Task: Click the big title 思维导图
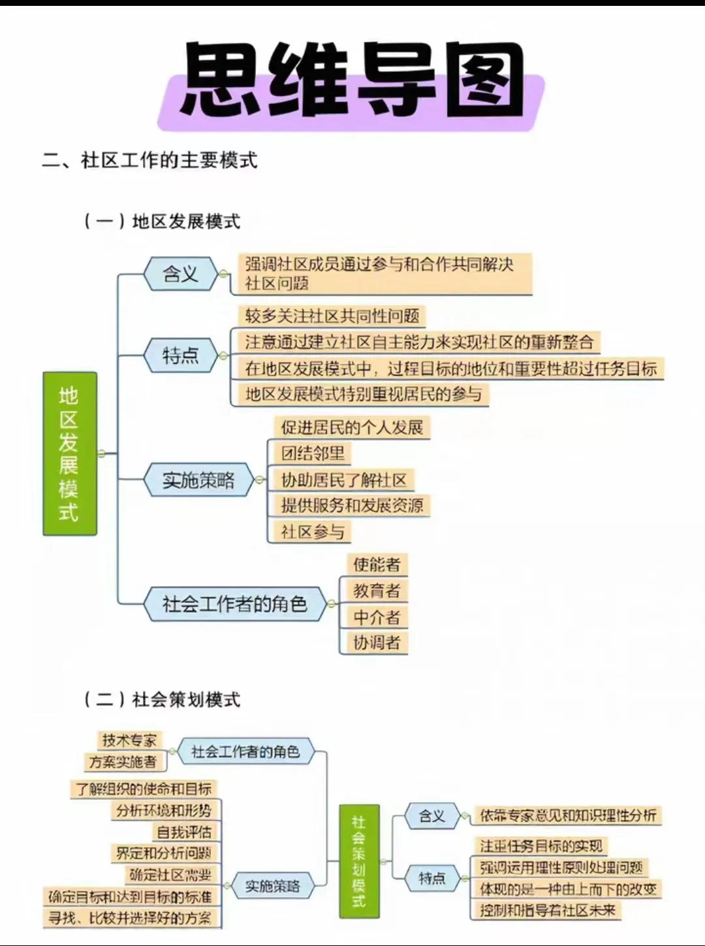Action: (352, 82)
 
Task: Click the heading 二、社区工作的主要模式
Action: (149, 161)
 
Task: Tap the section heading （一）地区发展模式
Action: (162, 221)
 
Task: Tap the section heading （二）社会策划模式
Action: (162, 700)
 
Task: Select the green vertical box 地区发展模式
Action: (69, 453)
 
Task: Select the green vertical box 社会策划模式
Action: (359, 860)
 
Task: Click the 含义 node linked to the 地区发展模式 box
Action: (180, 274)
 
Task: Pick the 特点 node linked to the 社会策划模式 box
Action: (431, 878)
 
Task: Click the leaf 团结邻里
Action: (313, 453)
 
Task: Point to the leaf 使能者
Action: (377, 564)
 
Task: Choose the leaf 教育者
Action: (377, 591)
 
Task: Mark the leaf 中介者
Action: (377, 617)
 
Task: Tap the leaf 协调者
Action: (377, 642)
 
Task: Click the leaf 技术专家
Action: (129, 740)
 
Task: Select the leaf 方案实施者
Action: (123, 762)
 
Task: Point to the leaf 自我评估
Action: (184, 832)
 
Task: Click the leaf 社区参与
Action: (313, 532)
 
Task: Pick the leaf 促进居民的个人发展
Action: (352, 428)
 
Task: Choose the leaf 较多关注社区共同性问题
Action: (332, 317)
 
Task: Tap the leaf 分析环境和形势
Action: (164, 811)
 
